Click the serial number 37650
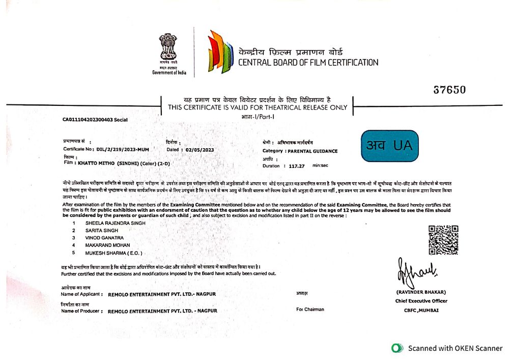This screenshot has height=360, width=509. (x=449, y=90)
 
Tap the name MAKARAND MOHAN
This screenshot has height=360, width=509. (x=103, y=245)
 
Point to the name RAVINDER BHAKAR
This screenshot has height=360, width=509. (x=421, y=292)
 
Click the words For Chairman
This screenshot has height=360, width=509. (x=310, y=309)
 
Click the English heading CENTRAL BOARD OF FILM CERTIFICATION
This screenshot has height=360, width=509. (x=308, y=63)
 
